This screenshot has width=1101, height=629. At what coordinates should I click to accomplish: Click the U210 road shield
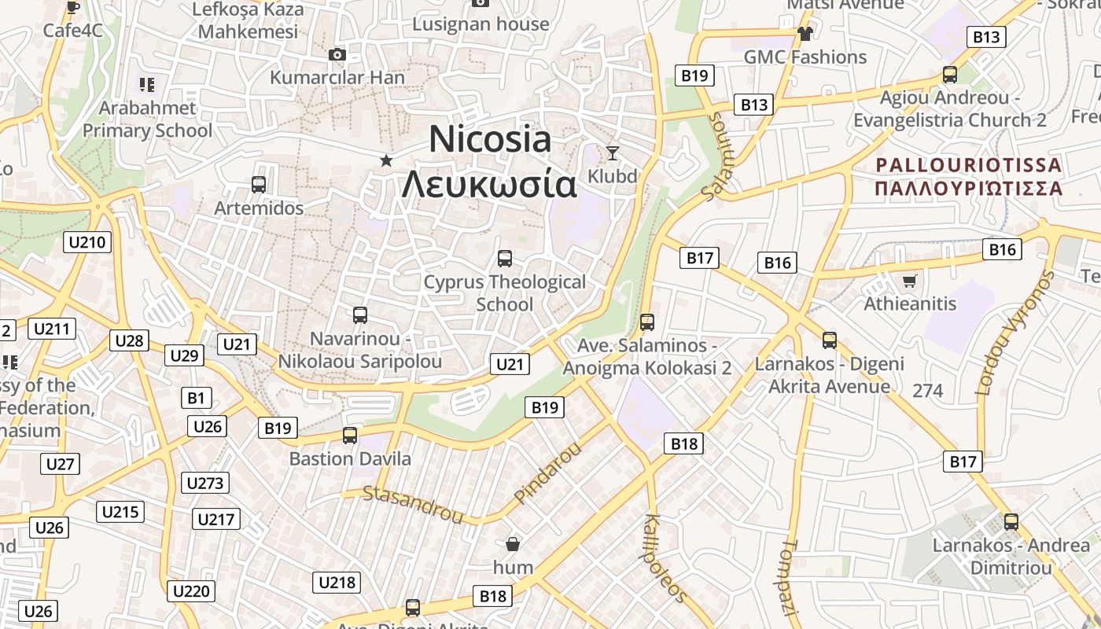[87, 242]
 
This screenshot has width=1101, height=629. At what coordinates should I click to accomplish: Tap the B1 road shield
[196, 398]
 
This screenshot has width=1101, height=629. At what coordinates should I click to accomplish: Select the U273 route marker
[205, 483]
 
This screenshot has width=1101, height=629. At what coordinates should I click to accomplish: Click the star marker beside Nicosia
[386, 160]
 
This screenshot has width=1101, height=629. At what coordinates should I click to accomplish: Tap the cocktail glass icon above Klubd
[613, 153]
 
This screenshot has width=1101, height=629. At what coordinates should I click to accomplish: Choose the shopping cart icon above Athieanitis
[910, 281]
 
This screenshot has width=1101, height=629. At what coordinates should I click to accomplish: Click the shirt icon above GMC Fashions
[805, 33]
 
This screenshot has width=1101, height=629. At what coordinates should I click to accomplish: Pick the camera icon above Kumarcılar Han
[337, 54]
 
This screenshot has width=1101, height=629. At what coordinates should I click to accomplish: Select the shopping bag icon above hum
[513, 543]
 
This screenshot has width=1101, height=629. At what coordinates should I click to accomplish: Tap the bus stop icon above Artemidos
[259, 185]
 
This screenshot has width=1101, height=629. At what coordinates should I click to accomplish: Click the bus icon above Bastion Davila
[350, 435]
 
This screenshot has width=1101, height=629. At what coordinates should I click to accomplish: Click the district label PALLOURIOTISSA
[968, 165]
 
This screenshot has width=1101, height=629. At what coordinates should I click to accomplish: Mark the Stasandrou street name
[413, 504]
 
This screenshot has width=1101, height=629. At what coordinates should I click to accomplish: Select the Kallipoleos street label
[665, 557]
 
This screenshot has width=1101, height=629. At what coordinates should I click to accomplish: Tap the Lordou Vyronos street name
[1014, 333]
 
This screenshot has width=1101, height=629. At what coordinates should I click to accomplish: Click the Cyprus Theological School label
[504, 292]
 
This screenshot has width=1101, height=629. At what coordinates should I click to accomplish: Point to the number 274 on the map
[928, 390]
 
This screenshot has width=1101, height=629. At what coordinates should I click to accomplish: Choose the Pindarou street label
[547, 473]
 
